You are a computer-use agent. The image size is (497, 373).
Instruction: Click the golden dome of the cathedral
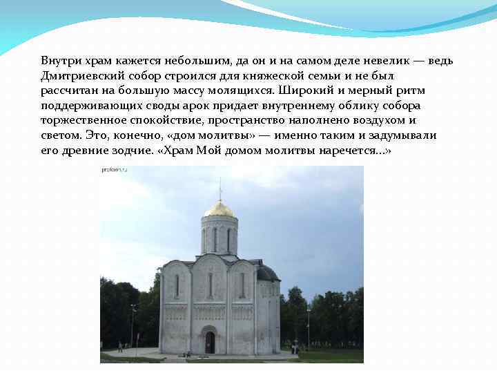click(220, 209)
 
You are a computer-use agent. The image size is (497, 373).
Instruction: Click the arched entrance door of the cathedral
click(210, 342)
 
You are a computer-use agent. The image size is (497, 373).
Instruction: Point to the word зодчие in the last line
click(130, 151)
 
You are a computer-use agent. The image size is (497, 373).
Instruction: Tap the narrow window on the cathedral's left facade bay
click(177, 285)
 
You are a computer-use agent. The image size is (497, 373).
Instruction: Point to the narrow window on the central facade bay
click(210, 284)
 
